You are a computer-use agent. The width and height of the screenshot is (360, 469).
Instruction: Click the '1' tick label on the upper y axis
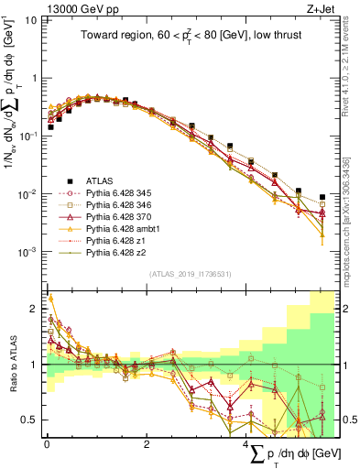click(33, 77)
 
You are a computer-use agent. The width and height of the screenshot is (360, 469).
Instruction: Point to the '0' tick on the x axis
click(47, 444)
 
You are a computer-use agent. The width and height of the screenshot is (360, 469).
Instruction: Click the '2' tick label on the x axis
click(147, 444)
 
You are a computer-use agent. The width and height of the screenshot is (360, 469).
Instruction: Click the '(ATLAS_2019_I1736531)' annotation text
click(190, 274)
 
